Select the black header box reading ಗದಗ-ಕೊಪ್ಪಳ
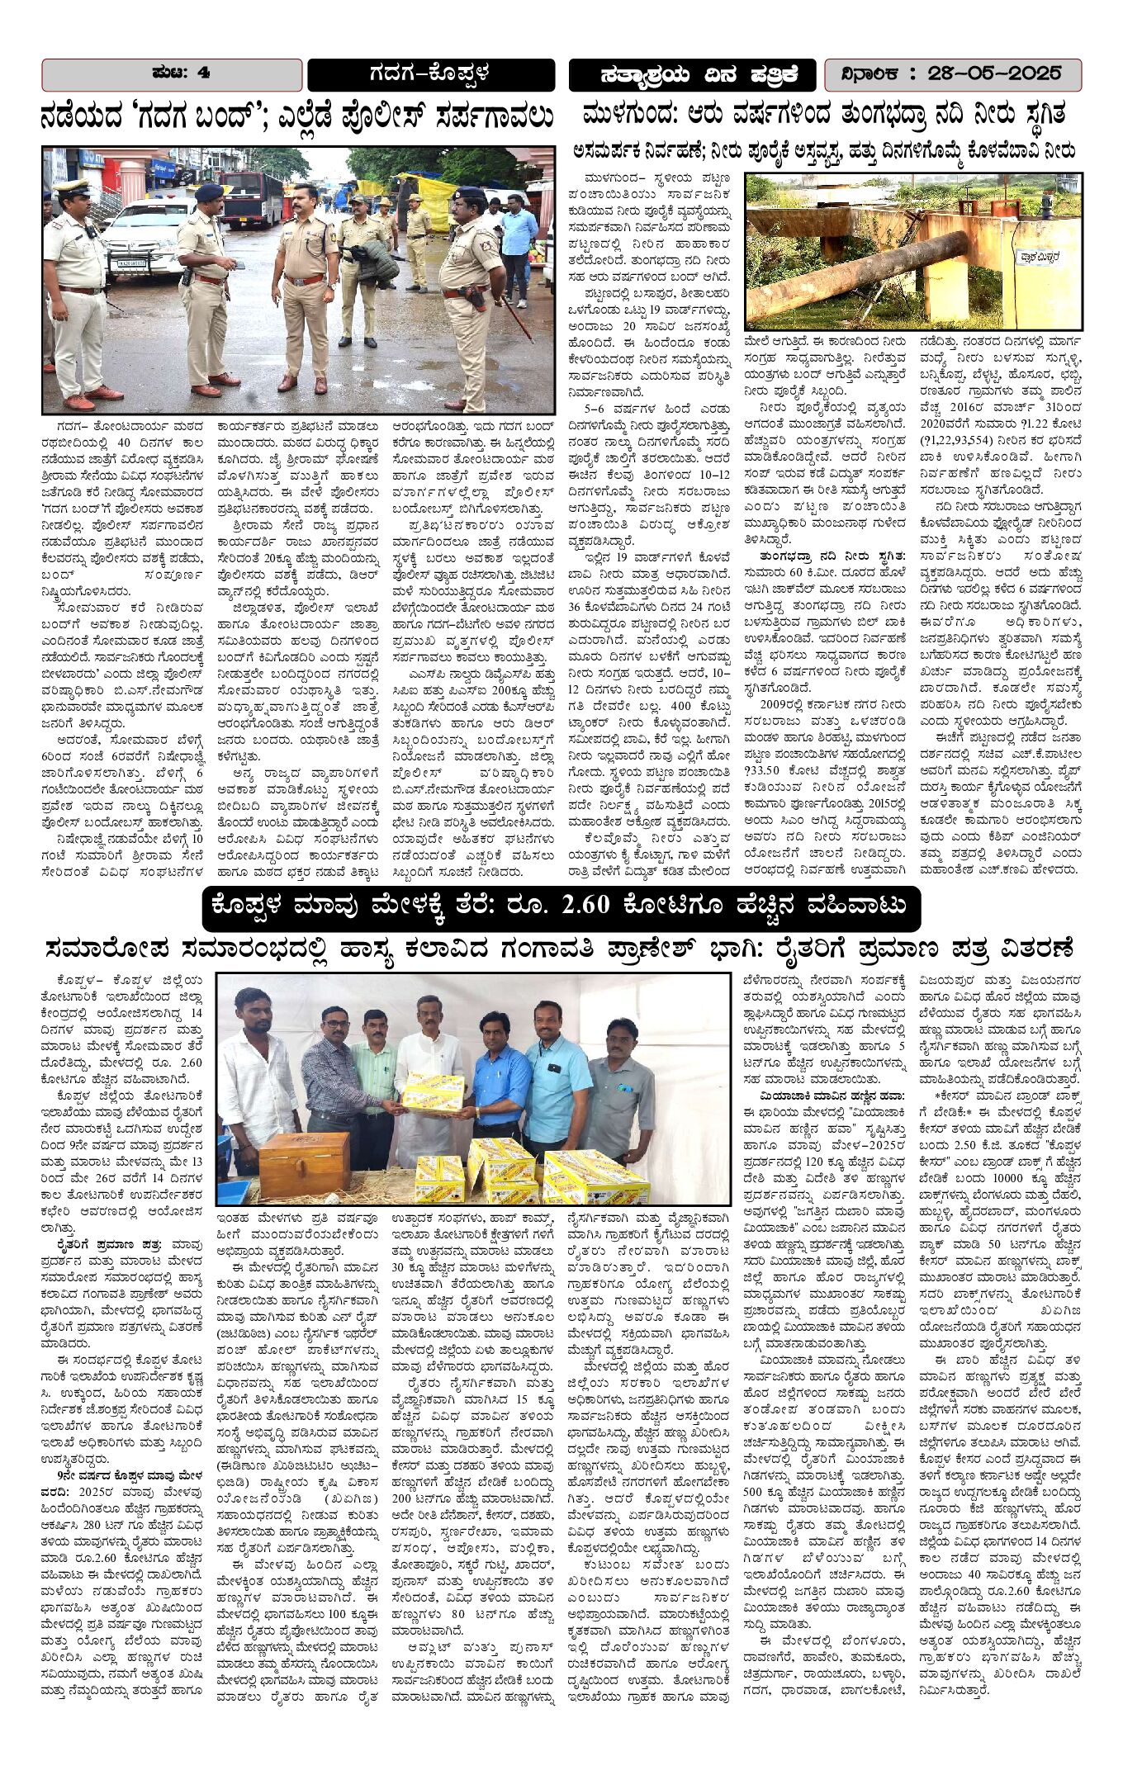coord(430,74)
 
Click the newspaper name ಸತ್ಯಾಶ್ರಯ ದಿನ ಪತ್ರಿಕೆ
coord(693,75)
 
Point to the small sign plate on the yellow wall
coord(1040,257)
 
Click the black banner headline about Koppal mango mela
coord(561,907)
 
